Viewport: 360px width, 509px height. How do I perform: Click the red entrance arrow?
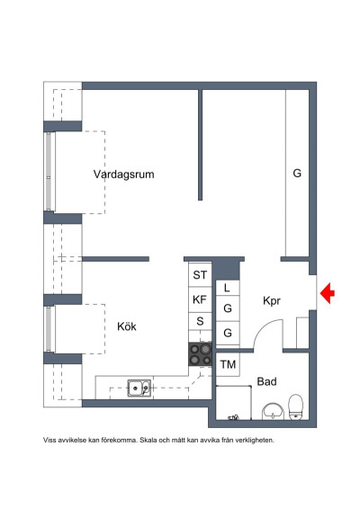[x=328, y=293]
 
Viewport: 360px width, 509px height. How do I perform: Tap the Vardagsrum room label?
[x=124, y=174]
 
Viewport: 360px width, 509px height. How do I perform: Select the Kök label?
[x=127, y=326]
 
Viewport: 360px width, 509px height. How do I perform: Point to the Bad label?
[x=266, y=381]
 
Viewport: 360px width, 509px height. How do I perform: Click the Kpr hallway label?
[x=272, y=301]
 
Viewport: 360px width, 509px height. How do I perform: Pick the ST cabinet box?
[x=200, y=274]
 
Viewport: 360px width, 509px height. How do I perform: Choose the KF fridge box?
[x=200, y=300]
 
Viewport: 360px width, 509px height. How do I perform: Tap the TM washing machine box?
[x=228, y=364]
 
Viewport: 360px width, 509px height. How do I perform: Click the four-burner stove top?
[x=200, y=354]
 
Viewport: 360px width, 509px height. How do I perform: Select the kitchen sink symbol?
[x=139, y=388]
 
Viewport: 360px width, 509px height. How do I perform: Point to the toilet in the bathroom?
[x=296, y=406]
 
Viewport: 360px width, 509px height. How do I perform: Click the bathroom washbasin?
[x=273, y=411]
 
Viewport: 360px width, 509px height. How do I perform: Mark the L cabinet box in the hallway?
[x=228, y=288]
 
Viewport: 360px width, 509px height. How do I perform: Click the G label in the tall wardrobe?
[x=297, y=173]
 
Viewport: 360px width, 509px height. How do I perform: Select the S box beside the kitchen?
[x=200, y=321]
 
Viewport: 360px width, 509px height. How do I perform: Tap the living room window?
[x=48, y=171]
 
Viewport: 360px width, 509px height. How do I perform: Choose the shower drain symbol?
[x=233, y=417]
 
